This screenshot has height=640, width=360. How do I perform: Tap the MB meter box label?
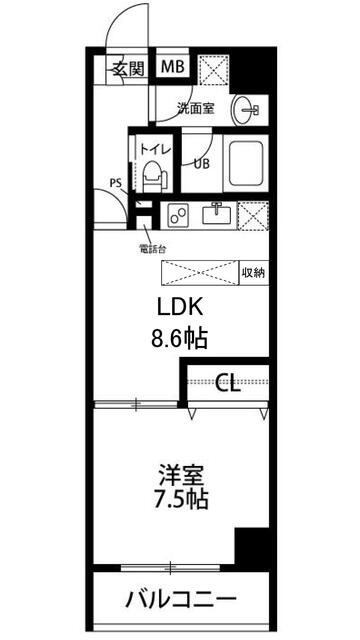coord(173,68)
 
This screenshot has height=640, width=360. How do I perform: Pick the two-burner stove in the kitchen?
coord(180,214)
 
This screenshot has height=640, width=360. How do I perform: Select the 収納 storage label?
coord(252,273)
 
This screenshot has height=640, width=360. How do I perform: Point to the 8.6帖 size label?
coord(180,338)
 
